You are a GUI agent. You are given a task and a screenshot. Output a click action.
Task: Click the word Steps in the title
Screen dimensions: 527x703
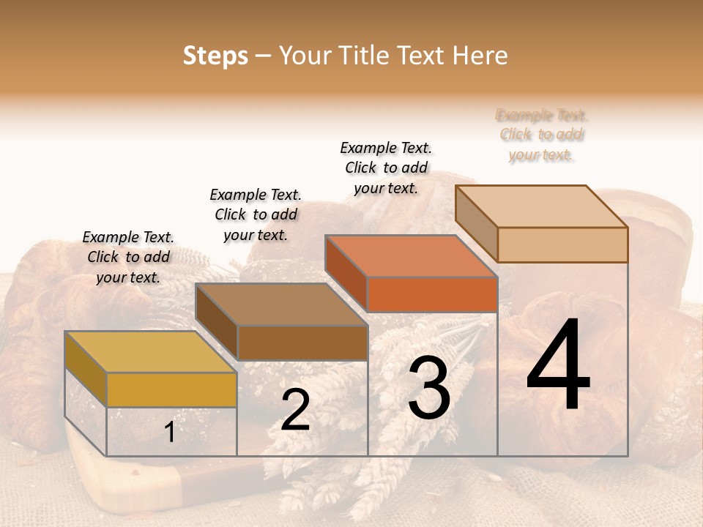pyautogui.click(x=215, y=56)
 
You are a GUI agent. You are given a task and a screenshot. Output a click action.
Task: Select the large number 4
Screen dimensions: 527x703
pyautogui.click(x=558, y=366)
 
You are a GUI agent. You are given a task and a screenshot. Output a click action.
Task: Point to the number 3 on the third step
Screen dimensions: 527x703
pyautogui.click(x=429, y=387)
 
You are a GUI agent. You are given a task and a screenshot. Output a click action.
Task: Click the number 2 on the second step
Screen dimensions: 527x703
pyautogui.click(x=295, y=410)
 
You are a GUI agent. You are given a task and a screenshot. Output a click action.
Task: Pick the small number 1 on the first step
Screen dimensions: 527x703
pyautogui.click(x=169, y=433)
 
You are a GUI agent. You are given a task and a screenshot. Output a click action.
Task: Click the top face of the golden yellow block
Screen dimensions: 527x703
pyautogui.click(x=150, y=351)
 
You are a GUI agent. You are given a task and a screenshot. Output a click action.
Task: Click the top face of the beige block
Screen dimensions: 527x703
pyautogui.click(x=541, y=206)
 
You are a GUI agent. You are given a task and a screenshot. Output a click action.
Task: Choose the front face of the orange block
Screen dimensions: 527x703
pyautogui.click(x=432, y=294)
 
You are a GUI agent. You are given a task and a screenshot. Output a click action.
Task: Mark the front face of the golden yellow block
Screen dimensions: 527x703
pyautogui.click(x=171, y=389)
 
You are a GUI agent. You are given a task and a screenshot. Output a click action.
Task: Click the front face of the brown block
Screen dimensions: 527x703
pyautogui.click(x=302, y=343)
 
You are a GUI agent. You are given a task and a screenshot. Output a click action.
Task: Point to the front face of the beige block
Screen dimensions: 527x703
pyautogui.click(x=562, y=244)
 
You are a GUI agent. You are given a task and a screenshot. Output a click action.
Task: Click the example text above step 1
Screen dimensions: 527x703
pyautogui.click(x=128, y=257)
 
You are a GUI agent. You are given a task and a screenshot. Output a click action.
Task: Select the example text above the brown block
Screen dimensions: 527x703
pyautogui.click(x=256, y=214)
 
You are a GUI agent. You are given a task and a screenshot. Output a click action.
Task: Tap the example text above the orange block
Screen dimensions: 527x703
pyautogui.click(x=386, y=168)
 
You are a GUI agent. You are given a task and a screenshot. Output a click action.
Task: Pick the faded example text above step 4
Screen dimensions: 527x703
pyautogui.click(x=542, y=135)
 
